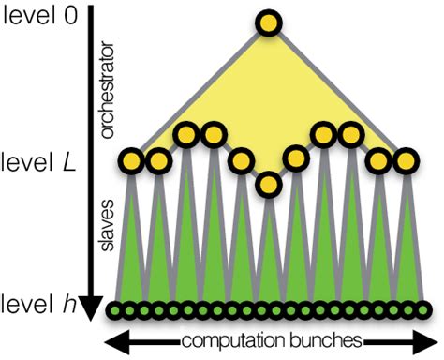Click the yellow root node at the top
point(269,22)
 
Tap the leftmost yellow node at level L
point(131,162)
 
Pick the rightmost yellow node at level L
point(406,161)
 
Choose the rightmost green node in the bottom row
point(425,309)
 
